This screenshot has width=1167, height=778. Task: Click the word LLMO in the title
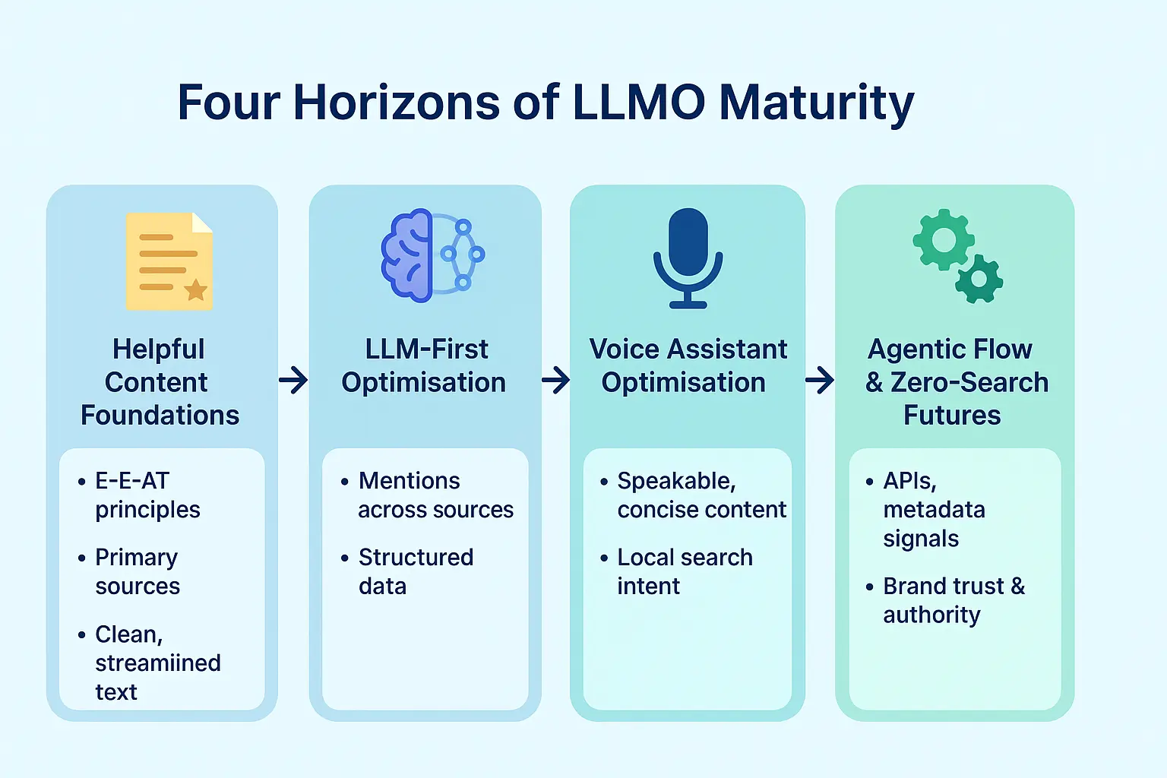pos(639,102)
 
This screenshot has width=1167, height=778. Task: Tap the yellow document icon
pos(169,261)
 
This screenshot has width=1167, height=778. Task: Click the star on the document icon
pos(197,289)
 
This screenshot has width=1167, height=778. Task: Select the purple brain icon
pos(406,255)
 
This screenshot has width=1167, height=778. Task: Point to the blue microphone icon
pos(688,258)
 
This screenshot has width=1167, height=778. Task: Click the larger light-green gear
pos(944,239)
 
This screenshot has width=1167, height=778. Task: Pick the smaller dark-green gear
pos(979,279)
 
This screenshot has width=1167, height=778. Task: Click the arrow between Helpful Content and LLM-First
pos(293,380)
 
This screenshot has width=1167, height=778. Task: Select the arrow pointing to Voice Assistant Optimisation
pos(555,380)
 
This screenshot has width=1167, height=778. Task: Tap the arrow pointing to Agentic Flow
pos(820,380)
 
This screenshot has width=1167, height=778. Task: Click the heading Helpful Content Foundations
pos(160,382)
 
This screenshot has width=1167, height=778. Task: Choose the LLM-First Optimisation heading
pos(423,365)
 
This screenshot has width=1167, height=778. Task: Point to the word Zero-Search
pos(969,382)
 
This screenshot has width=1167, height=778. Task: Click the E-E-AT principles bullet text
pos(147,495)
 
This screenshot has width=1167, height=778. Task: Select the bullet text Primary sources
pos(138,571)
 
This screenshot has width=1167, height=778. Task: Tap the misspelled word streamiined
pos(158,663)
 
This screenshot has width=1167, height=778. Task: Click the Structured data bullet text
pos(416,571)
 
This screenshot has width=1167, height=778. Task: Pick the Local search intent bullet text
pos(685,571)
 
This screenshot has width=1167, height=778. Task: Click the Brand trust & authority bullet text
pos(954,600)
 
